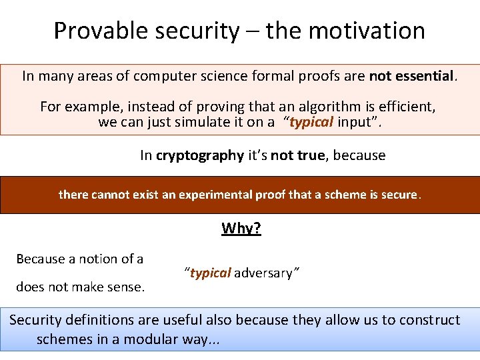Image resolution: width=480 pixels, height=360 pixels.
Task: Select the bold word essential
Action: [425, 76]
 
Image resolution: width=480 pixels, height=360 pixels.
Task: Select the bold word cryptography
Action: [200, 155]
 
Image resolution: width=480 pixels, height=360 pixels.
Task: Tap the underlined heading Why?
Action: [241, 229]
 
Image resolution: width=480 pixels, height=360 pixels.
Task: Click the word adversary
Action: [263, 273]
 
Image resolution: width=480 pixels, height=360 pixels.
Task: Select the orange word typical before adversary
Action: [211, 273]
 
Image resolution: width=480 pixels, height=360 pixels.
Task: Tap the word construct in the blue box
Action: [429, 320]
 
